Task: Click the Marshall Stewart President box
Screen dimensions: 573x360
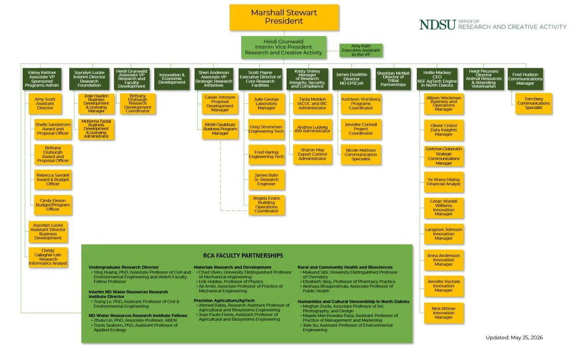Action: pos(284,18)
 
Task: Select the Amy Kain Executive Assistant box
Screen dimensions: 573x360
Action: pos(361,50)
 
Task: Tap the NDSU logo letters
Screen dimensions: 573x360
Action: pos(438,25)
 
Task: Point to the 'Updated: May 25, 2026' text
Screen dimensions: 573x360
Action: pos(514,337)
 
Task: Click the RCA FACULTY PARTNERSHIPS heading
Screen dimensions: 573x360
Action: pos(243,256)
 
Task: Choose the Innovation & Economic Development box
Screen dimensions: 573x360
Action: pos(172,79)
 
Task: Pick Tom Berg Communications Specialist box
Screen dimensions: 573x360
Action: pos(533,104)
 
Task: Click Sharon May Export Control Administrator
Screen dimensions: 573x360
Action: pos(312,154)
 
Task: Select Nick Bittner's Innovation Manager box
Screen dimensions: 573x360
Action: pos(444,313)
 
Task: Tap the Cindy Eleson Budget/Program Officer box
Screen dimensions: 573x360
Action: pos(53,205)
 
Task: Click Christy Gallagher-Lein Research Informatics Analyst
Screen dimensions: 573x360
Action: pos(48,257)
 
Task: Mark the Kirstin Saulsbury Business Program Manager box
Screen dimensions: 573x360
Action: pos(220,129)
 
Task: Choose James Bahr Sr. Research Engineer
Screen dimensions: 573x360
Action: pos(266,180)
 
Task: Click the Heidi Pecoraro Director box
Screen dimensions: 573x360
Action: pos(483,79)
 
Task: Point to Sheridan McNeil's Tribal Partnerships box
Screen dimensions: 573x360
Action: pos(393,79)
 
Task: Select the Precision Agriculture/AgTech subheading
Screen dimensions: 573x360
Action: pos(224,300)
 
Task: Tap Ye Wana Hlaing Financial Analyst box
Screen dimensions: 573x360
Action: pos(444,182)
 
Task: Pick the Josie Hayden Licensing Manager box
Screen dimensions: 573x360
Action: pos(96,104)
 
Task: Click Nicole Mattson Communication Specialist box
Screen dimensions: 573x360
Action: pos(361,154)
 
